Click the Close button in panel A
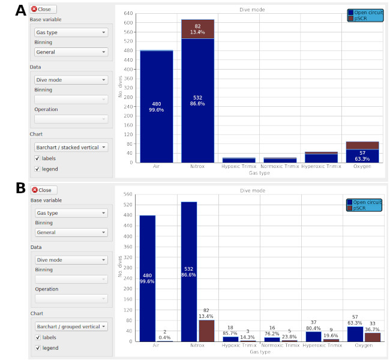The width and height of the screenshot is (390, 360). pos(43,9)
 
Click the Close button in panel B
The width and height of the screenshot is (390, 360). pos(43,190)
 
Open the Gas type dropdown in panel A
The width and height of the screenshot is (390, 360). pos(71,32)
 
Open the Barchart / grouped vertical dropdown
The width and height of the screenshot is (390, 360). pos(71,326)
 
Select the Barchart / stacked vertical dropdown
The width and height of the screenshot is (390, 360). pos(71,146)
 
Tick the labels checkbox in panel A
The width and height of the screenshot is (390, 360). pos(37,158)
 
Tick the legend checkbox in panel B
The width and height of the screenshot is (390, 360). pos(37,348)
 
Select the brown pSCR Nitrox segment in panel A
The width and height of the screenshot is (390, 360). pos(197,29)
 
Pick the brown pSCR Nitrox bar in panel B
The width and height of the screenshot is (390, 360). pos(206,331)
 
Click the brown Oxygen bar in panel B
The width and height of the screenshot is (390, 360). pos(372,337)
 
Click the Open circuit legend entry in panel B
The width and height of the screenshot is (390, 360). pos(364,202)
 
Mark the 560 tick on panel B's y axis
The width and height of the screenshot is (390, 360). pos(128,194)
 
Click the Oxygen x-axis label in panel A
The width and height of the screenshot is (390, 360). pos(362,166)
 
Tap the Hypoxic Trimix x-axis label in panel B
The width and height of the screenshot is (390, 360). pos(239,346)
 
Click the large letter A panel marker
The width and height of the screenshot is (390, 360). pos(20,10)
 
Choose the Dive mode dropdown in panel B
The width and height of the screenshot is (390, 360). pos(71,260)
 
